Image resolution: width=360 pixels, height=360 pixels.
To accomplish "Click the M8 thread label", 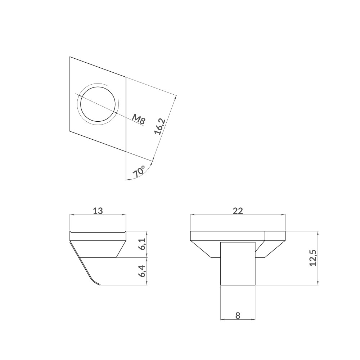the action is (139, 120).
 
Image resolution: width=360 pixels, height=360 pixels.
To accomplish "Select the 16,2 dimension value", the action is (160, 126).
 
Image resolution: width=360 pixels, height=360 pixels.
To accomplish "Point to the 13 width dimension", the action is (98, 211).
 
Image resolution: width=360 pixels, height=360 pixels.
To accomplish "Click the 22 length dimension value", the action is (238, 211).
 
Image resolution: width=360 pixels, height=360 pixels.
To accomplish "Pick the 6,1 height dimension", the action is (142, 244).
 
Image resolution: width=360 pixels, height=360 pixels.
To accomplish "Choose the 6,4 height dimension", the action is (142, 271).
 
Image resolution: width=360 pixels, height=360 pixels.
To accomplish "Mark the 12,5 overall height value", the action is (313, 258).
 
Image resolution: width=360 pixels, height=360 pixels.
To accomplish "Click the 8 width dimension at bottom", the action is (238, 315).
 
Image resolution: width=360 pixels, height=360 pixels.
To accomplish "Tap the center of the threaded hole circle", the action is (98, 104).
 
